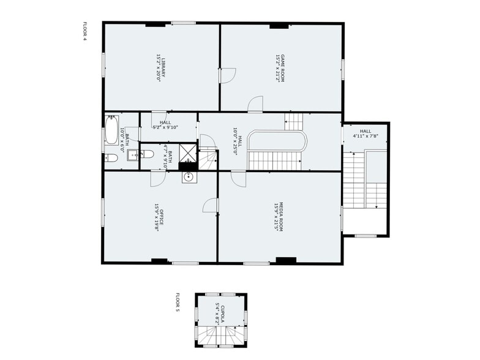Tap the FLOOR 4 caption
(x=85, y=31)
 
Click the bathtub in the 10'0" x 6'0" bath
(x=111, y=130)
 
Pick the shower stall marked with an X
(x=188, y=156)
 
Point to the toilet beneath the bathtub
(x=111, y=158)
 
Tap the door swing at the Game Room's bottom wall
(x=255, y=105)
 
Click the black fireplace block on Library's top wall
(x=156, y=24)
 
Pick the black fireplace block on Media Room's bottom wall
(x=285, y=260)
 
